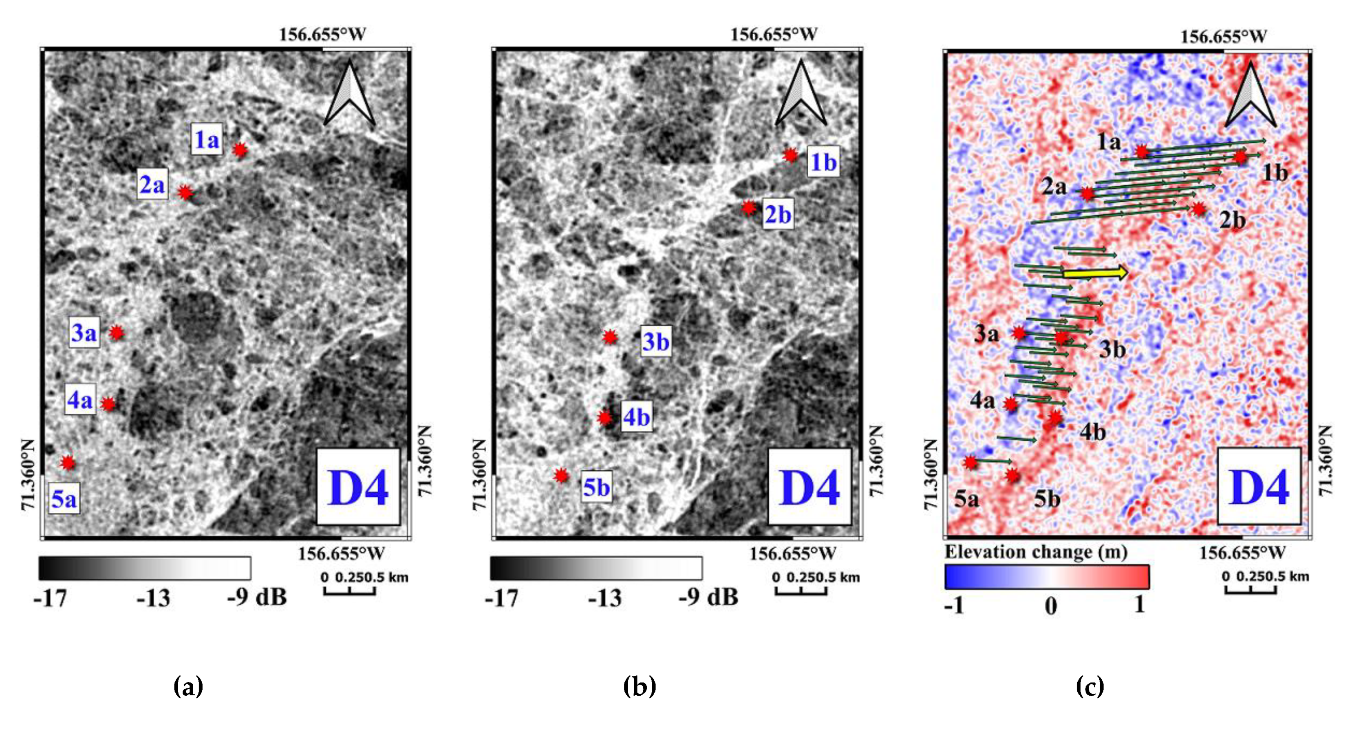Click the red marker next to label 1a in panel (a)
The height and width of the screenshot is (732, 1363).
point(240,150)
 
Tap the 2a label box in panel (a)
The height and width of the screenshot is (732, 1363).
point(152,184)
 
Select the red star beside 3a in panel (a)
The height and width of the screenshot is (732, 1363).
point(117,333)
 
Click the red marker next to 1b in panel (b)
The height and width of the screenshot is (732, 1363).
point(790,155)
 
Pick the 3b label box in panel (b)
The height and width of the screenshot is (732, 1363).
point(655,341)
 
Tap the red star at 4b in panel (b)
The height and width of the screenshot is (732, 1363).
point(604,418)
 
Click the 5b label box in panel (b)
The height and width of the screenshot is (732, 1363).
point(596,487)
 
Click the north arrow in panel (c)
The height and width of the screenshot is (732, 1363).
point(1251,95)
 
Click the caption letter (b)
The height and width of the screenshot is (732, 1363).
point(639,686)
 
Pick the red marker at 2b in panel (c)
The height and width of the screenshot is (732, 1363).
point(1198,209)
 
